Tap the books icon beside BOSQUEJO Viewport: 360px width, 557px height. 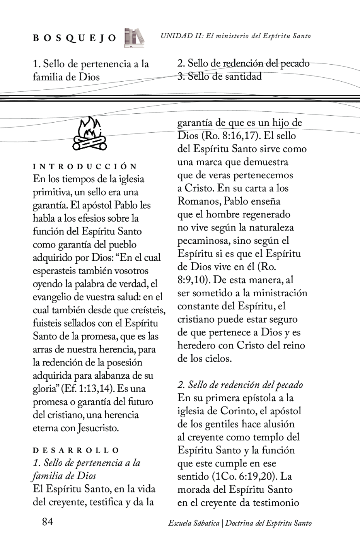tap(134, 38)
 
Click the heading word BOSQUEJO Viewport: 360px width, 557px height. tap(75, 38)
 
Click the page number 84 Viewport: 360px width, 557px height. tap(47, 522)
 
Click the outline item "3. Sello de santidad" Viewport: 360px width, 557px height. tap(219, 76)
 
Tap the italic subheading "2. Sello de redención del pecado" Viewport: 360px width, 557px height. tap(240, 385)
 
